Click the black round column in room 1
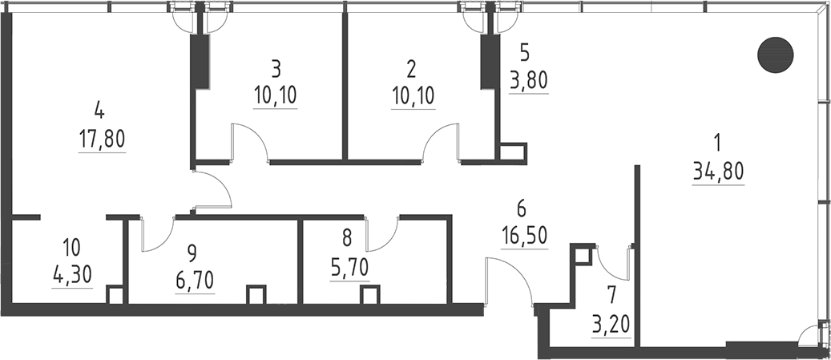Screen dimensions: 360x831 (775, 54)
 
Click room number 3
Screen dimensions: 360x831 (275, 67)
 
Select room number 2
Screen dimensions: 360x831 (412, 67)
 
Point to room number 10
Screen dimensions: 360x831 (71, 246)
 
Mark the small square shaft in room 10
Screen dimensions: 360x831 (115, 294)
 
